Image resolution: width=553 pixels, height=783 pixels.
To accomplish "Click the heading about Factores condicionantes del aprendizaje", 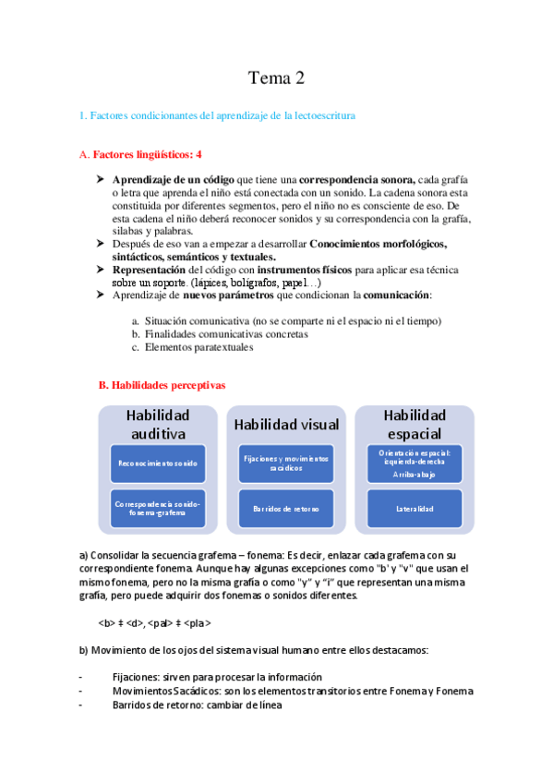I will point(217,115).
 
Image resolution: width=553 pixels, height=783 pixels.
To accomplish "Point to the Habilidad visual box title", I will point(286,425).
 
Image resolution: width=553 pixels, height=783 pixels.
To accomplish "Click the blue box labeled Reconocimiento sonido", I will point(158,463).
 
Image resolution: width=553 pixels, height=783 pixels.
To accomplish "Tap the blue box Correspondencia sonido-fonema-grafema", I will point(158,508).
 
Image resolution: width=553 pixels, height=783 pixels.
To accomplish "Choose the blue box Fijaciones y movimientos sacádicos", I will point(286,463).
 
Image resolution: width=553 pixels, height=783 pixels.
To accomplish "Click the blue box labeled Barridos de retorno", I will point(286,508).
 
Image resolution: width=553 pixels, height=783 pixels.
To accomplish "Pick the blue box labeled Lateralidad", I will point(415,509).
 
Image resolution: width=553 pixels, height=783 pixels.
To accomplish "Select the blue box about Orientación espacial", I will point(415,463).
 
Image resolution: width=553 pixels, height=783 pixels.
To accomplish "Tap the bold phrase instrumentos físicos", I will point(271,269).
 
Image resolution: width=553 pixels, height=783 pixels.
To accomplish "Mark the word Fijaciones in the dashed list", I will point(135,677).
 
